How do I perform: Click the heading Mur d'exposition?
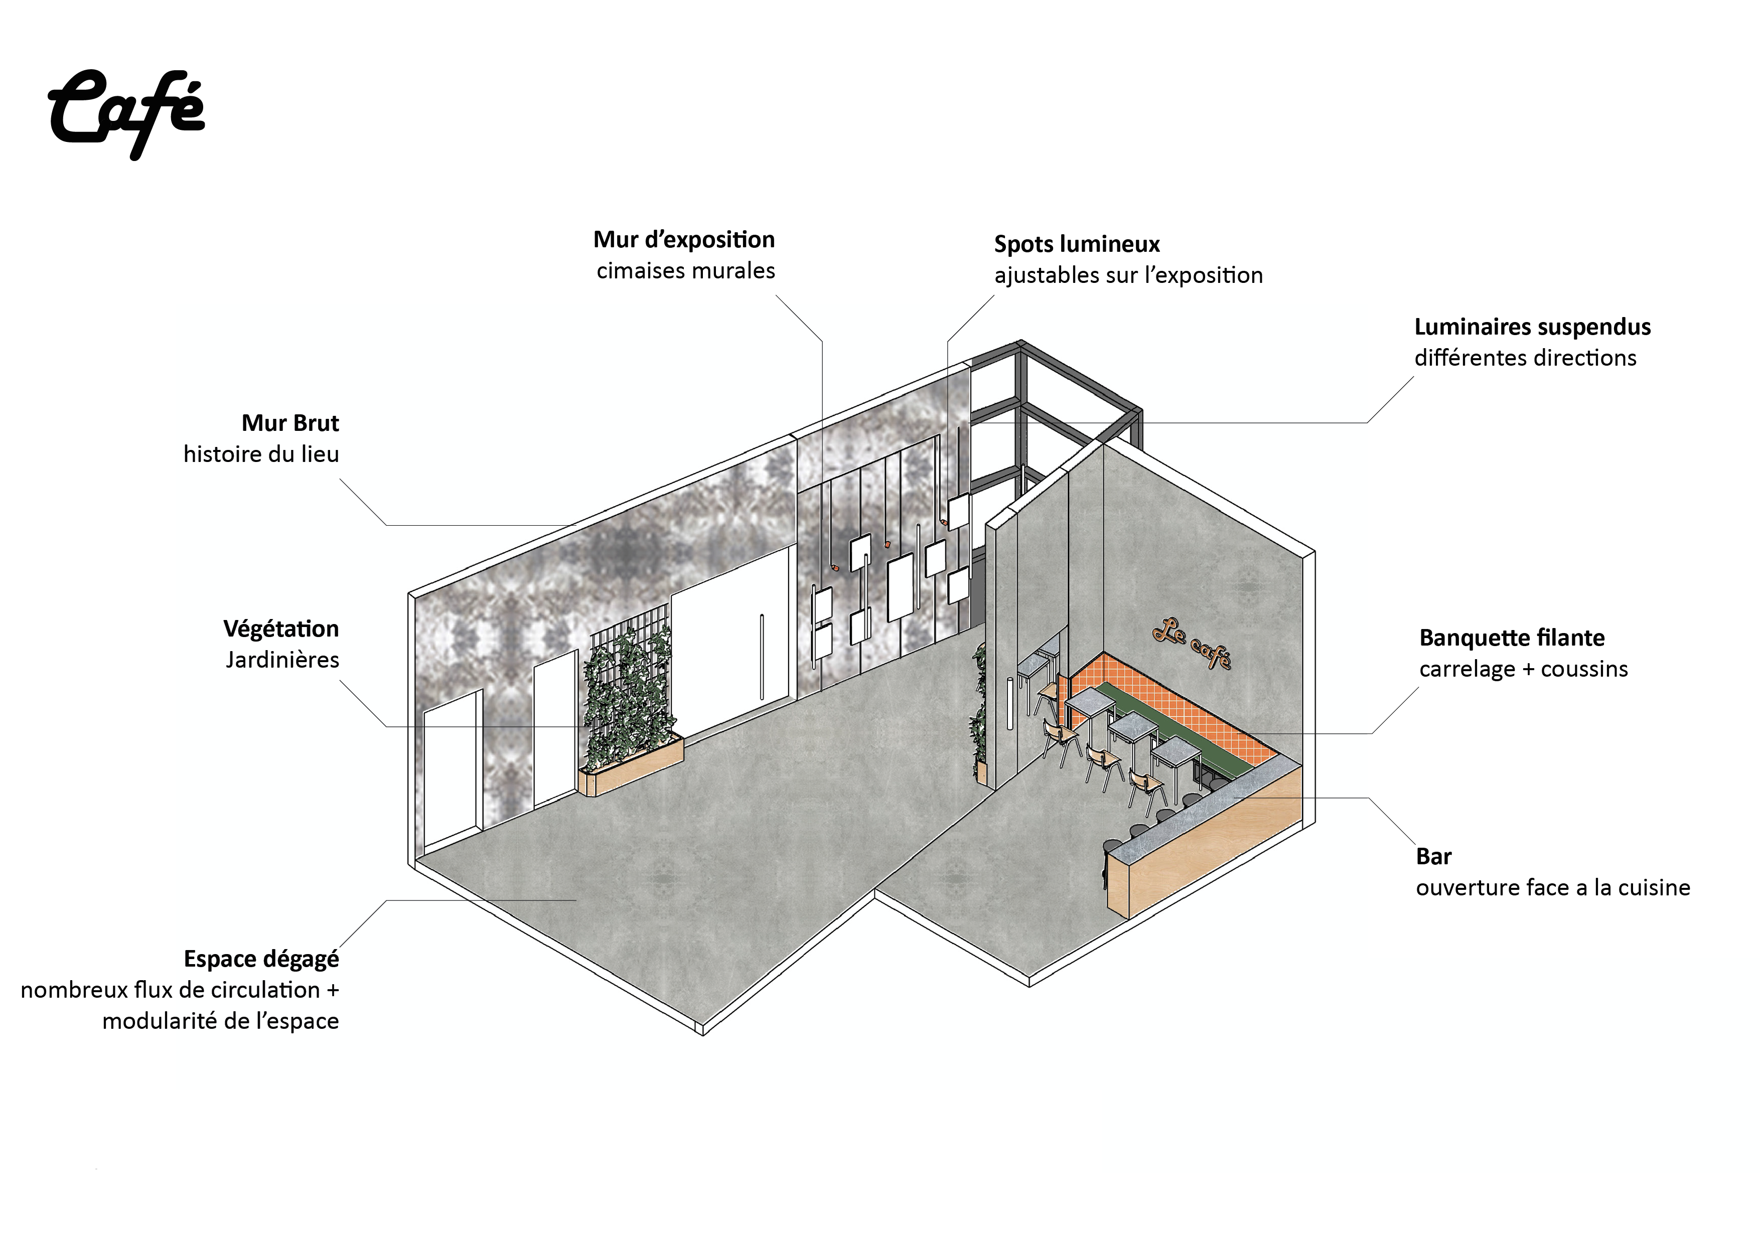(684, 240)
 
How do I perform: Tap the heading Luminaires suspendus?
(1532, 327)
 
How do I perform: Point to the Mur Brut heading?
(290, 423)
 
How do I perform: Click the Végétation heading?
(280, 630)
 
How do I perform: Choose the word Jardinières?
(282, 660)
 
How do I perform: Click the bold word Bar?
(1433, 856)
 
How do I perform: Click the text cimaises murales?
(685, 270)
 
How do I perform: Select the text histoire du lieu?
(260, 454)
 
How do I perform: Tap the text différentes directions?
(1525, 358)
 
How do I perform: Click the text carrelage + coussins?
(1522, 669)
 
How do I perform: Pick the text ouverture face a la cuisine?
(1552, 887)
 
